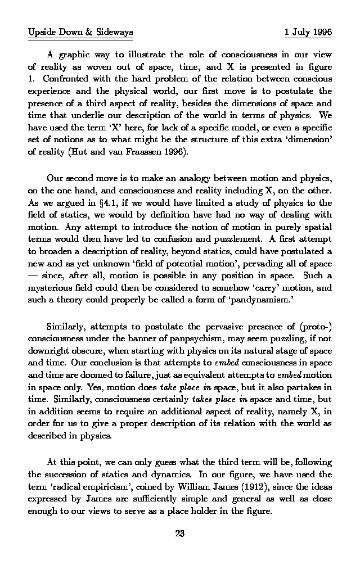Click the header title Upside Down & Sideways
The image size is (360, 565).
(x=80, y=33)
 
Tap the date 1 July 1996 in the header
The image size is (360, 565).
(x=308, y=33)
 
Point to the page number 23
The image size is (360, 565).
(x=180, y=534)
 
